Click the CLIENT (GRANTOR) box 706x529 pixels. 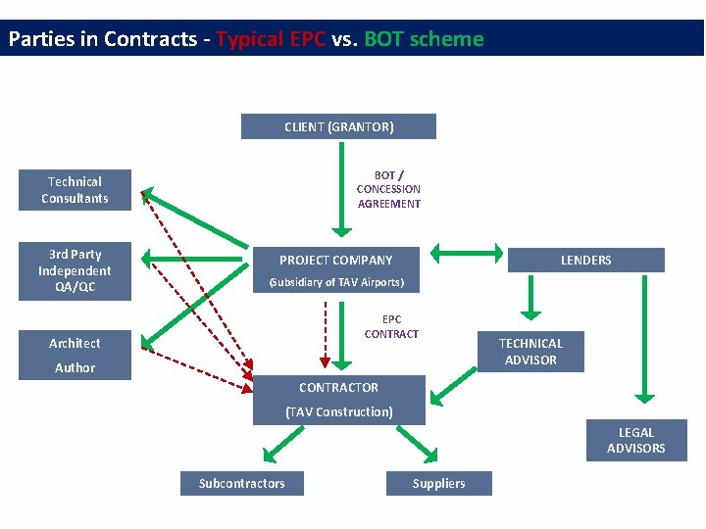[x=338, y=126]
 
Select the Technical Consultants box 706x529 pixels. [x=75, y=190]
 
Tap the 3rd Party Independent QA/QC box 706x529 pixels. [x=75, y=270]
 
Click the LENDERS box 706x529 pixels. [x=585, y=260]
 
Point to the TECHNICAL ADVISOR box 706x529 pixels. [x=530, y=352]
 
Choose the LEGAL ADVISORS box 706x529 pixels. [x=635, y=440]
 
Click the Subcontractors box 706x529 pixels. [x=241, y=483]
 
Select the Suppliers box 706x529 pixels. [x=438, y=483]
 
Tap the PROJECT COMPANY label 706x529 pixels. [x=335, y=260]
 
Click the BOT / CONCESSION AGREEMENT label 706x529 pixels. [x=388, y=189]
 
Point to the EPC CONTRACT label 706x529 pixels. [x=391, y=326]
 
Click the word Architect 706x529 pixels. [x=75, y=343]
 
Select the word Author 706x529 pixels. [x=75, y=367]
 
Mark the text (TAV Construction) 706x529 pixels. [x=338, y=411]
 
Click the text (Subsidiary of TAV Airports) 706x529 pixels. [x=336, y=283]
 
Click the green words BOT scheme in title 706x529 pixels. [x=424, y=39]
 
